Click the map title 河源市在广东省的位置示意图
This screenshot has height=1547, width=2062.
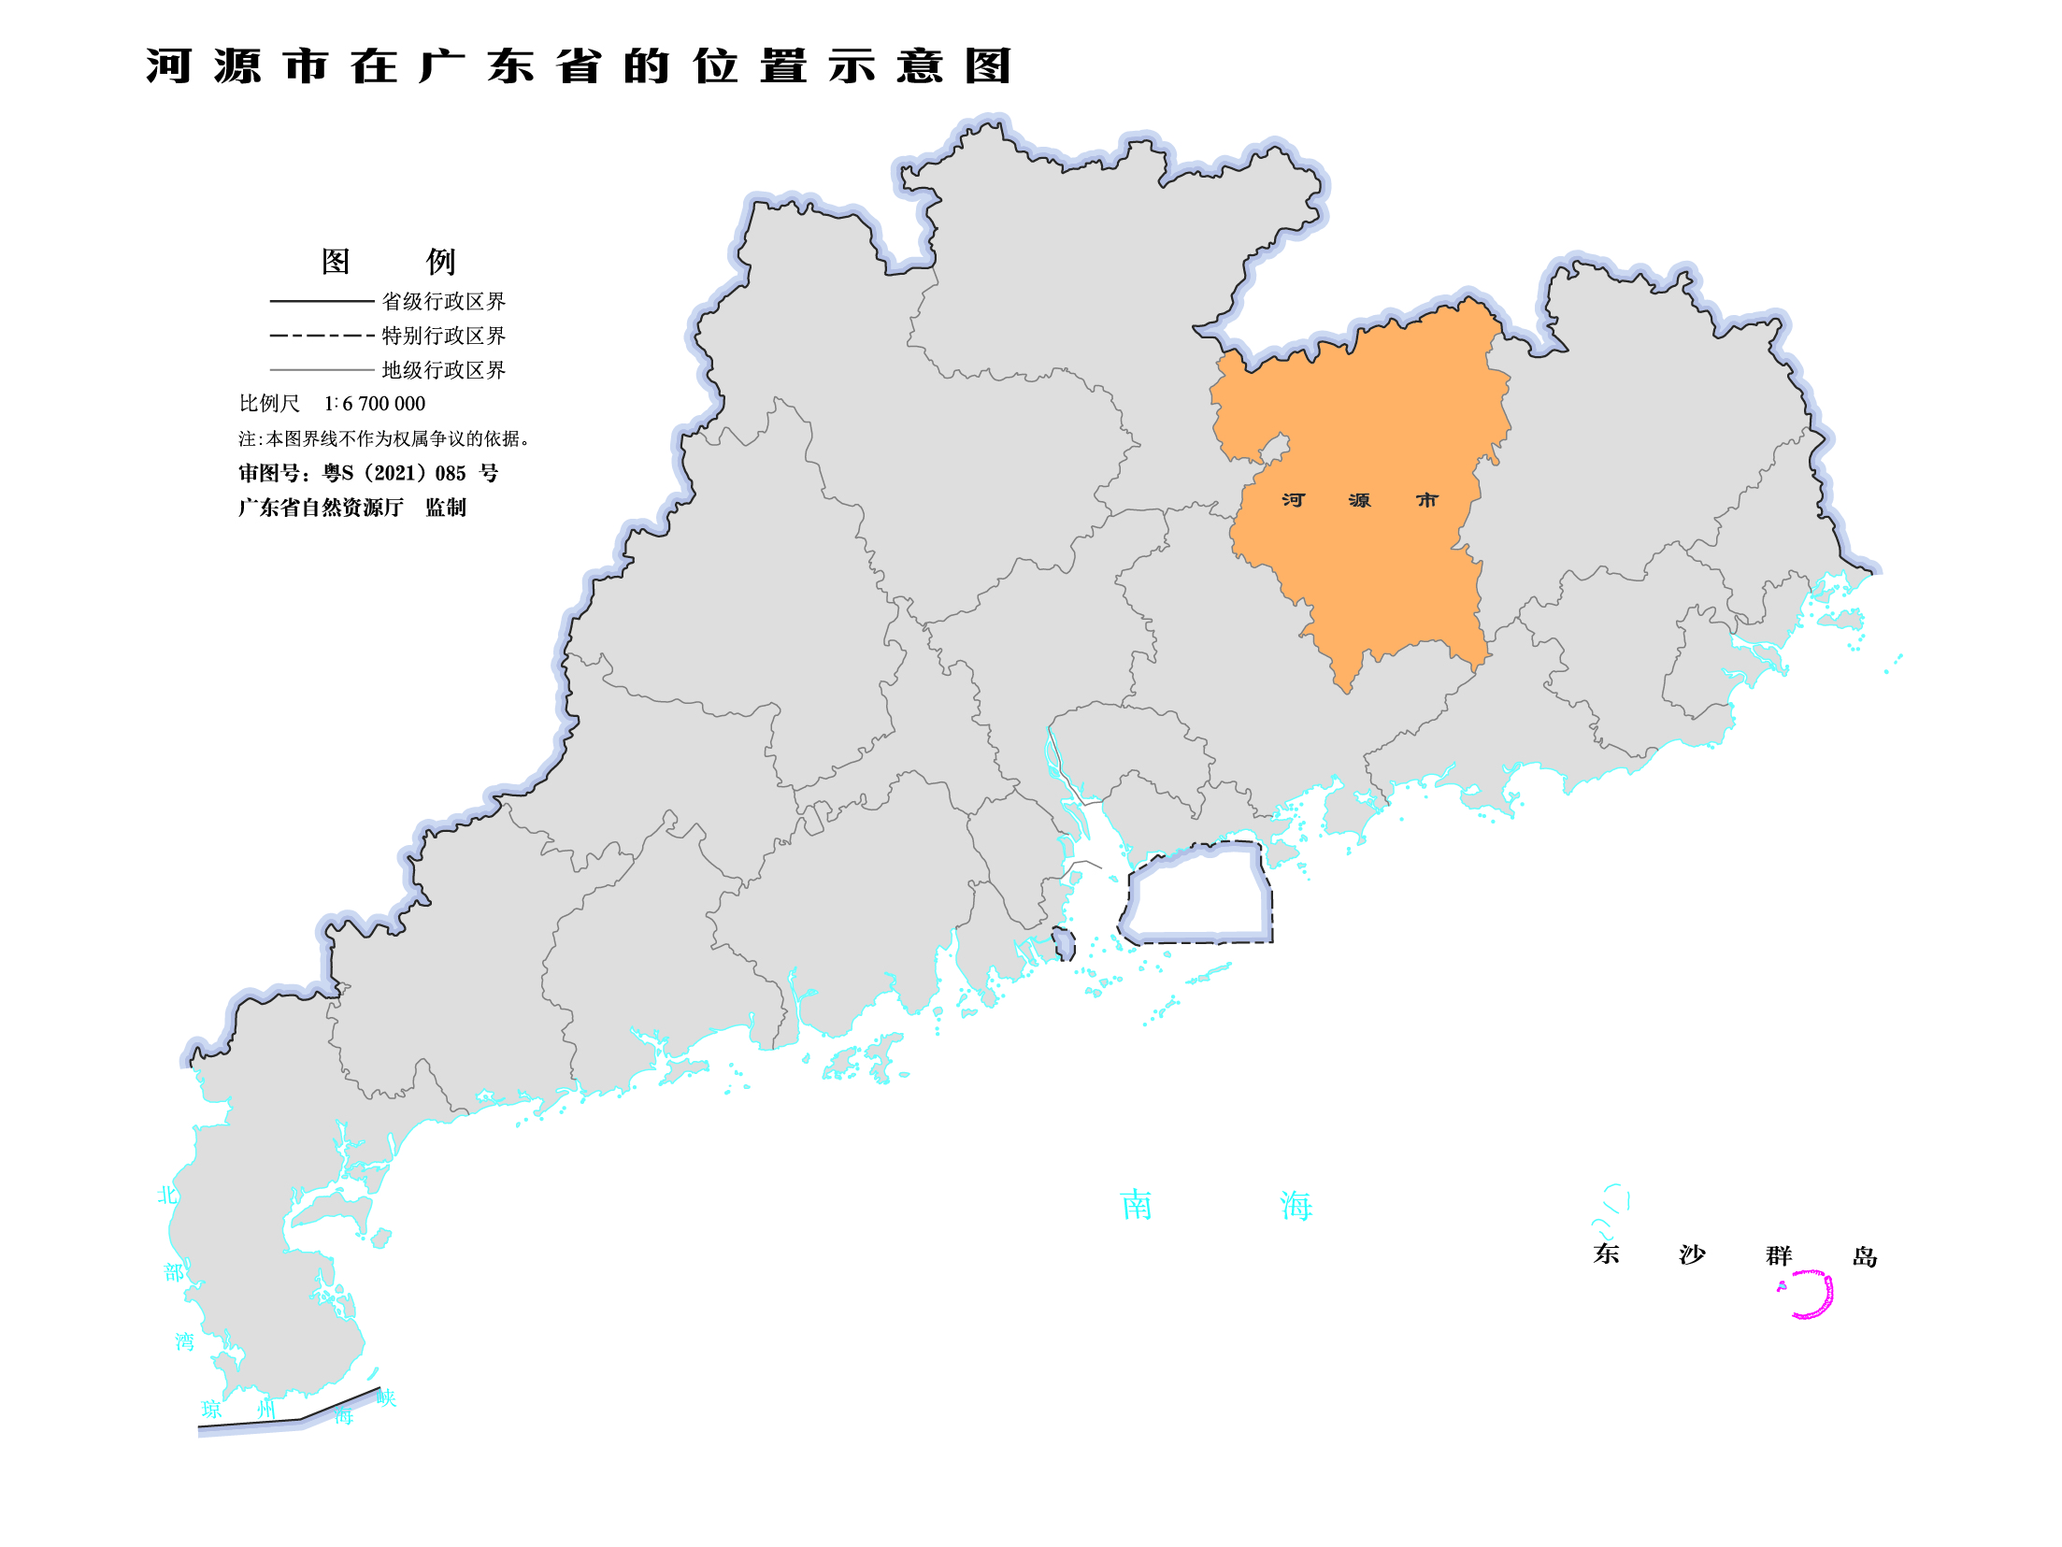click(x=578, y=66)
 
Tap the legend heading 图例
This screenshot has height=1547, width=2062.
click(x=388, y=262)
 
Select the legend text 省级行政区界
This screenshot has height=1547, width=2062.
click(x=443, y=301)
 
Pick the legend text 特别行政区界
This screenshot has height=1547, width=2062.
click(x=443, y=336)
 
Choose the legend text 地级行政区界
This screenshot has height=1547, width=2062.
click(x=443, y=370)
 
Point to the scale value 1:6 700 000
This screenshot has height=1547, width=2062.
click(x=374, y=404)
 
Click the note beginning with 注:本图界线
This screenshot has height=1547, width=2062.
click(x=383, y=438)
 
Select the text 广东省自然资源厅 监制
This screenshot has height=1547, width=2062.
click(x=351, y=508)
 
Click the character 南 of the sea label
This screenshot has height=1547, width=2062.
click(x=1137, y=1205)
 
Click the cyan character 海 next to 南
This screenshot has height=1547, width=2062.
click(x=1296, y=1206)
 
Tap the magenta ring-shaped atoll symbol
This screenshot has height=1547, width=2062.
click(x=1810, y=1294)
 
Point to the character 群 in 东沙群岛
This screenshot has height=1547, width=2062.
click(x=1779, y=1255)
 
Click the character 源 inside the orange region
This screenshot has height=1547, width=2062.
click(x=1360, y=500)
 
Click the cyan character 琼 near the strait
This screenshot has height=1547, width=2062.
click(x=212, y=1410)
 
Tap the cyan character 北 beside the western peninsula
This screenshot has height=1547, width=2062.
click(x=167, y=1195)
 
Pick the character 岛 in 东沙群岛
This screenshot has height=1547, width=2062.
click(x=1865, y=1256)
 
